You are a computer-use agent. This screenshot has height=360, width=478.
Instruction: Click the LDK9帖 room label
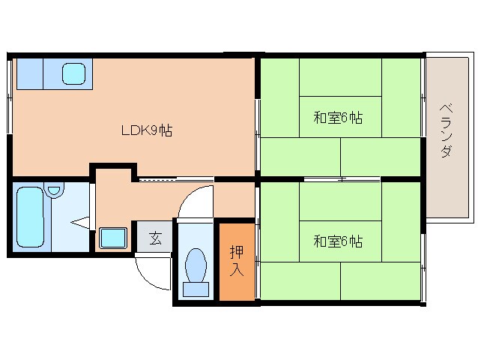click(148, 130)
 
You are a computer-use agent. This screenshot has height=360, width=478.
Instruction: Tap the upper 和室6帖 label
click(338, 118)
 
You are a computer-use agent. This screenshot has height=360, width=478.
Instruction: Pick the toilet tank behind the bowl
click(196, 289)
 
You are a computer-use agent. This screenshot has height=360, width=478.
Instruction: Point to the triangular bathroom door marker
click(81, 222)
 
